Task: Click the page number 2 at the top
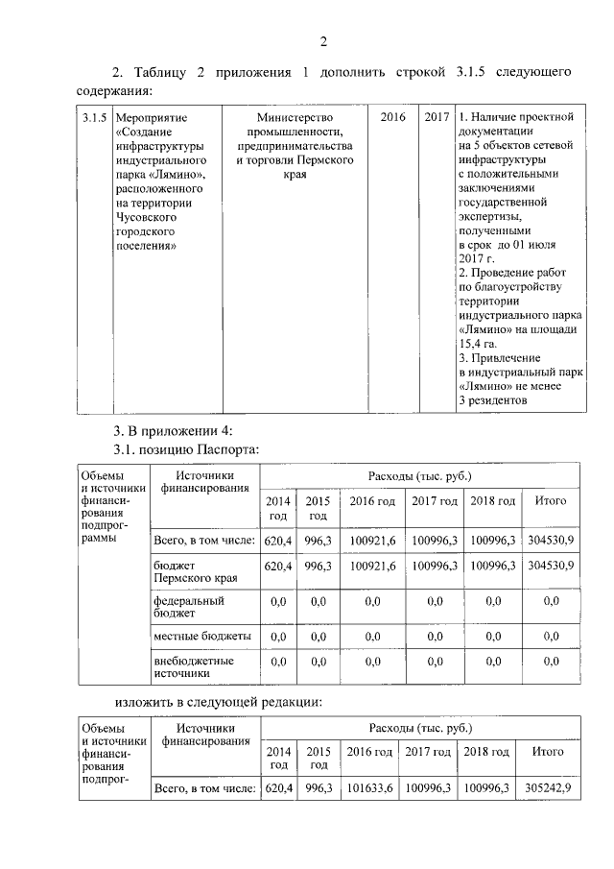point(323,40)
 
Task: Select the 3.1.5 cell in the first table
point(93,117)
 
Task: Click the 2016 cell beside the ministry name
point(392,117)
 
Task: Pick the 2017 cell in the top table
point(437,117)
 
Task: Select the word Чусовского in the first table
point(147,217)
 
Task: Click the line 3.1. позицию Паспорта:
point(186,448)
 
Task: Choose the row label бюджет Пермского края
point(195,573)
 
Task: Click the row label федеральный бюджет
point(189,607)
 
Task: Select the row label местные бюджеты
point(202,637)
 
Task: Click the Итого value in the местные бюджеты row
point(551,637)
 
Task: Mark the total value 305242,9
point(548,788)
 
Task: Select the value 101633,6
point(369,788)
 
